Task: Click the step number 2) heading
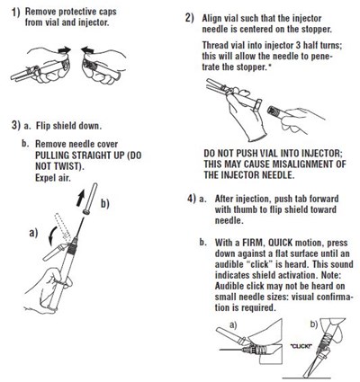(190, 18)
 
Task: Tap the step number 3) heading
(15, 123)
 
